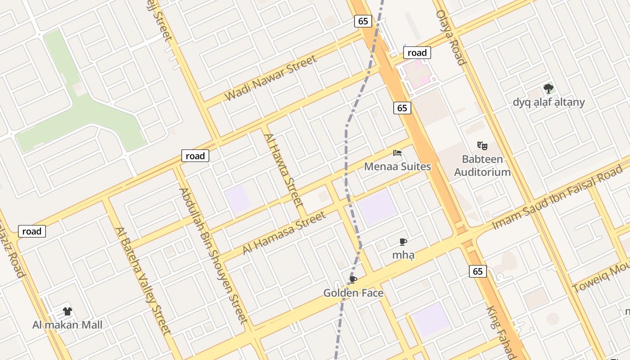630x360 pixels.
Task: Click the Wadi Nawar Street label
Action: (x=270, y=78)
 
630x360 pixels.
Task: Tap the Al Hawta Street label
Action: (x=283, y=170)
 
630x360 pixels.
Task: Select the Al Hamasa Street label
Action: (x=284, y=233)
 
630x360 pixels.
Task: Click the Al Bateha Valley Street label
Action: (x=143, y=281)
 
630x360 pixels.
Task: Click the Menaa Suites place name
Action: (x=397, y=166)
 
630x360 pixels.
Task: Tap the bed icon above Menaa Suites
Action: (x=397, y=153)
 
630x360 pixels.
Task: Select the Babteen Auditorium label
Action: (x=482, y=166)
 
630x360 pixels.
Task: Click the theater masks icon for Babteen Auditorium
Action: (x=482, y=146)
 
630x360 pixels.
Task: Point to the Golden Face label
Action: (x=353, y=293)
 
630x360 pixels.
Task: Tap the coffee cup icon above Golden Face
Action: (x=353, y=280)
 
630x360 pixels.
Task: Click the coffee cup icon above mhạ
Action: (x=403, y=242)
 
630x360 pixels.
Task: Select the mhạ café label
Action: (x=403, y=255)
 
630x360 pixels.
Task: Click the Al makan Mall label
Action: (x=67, y=325)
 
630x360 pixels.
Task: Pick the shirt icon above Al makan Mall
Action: (x=67, y=311)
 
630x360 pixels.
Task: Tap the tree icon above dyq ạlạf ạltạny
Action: (x=548, y=88)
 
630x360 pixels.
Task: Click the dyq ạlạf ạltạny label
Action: (x=549, y=102)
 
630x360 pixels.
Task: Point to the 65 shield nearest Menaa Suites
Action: (x=402, y=108)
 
